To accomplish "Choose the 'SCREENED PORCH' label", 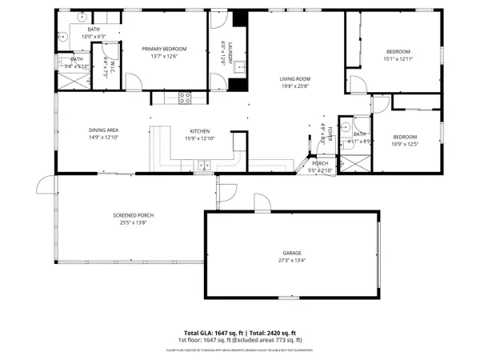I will pos(134,215).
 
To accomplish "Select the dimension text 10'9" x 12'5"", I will pos(405,143).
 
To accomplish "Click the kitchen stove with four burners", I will pos(185,98).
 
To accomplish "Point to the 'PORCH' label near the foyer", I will pos(320,163).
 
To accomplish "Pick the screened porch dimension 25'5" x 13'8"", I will pos(134,222).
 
